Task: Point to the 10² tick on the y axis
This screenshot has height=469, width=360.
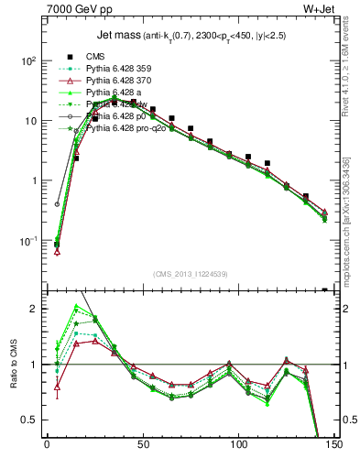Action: pyautogui.click(x=29, y=61)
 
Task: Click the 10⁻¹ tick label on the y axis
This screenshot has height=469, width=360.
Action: pyautogui.click(x=29, y=241)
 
